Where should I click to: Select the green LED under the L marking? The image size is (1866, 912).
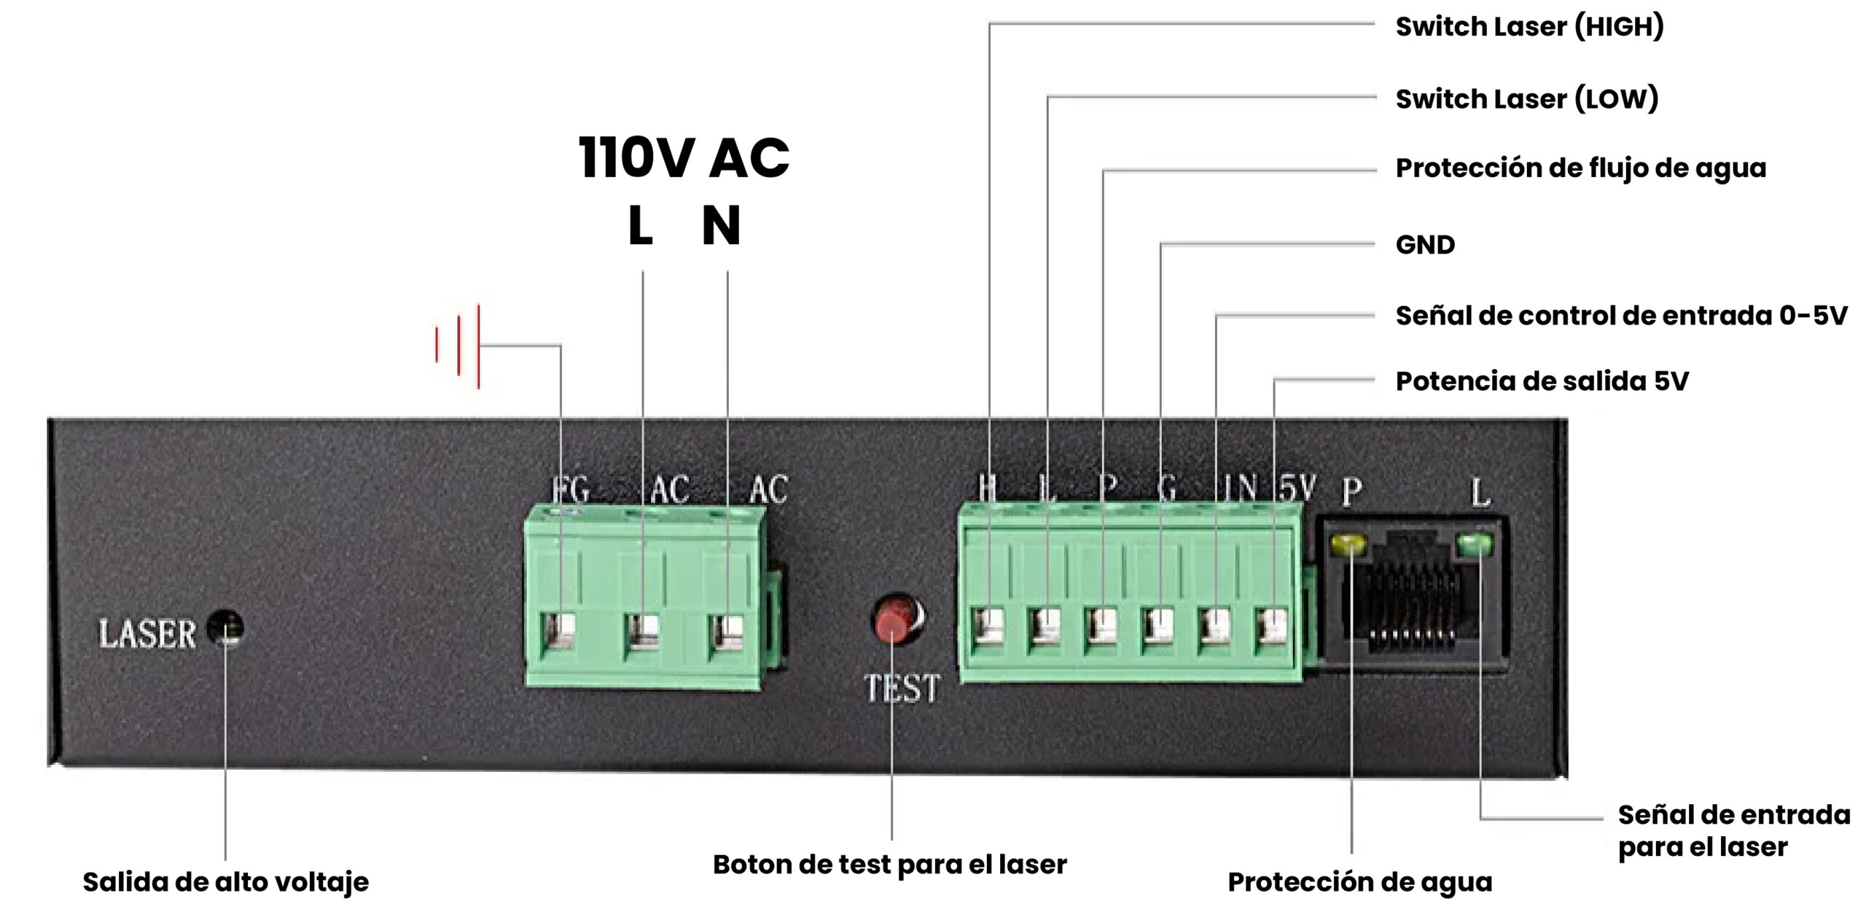(1474, 543)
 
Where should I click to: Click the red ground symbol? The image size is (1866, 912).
(458, 346)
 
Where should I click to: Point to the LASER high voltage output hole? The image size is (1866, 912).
(225, 628)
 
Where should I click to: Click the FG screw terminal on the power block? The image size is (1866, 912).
(558, 631)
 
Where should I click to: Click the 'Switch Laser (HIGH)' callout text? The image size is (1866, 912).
(1529, 27)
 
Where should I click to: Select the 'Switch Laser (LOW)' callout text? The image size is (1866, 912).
(1526, 99)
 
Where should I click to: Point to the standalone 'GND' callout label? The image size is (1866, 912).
(1425, 245)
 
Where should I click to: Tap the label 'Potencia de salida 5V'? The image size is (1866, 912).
(1542, 381)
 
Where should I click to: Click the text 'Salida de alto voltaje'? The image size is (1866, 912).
(225, 882)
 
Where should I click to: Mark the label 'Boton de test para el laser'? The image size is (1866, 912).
(889, 865)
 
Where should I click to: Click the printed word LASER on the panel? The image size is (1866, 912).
(147, 634)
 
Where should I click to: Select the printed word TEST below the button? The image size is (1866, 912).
(902, 688)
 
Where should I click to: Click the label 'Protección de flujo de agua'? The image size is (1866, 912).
(1580, 168)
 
